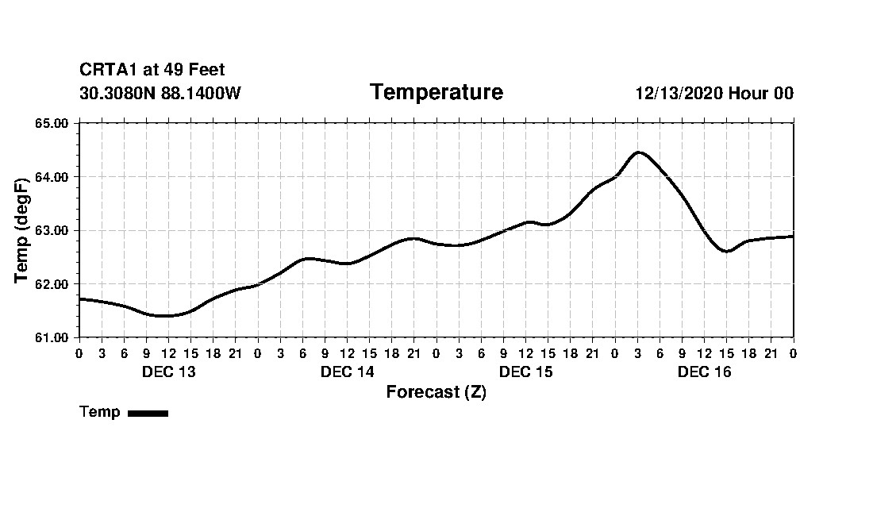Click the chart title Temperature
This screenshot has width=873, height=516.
(x=436, y=93)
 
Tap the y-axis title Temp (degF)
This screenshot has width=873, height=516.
(x=23, y=230)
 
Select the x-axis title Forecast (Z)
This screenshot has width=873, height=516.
(x=436, y=392)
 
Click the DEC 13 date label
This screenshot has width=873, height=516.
(x=168, y=372)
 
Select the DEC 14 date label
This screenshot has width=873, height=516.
(x=347, y=372)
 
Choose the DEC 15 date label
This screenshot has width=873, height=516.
(x=525, y=372)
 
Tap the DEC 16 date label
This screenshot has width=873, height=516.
(x=704, y=372)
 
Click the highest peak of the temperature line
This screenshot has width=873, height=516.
(x=639, y=152)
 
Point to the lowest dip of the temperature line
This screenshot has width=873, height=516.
(x=163, y=316)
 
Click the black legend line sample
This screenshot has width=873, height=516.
(x=148, y=413)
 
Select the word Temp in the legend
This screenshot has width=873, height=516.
(x=100, y=412)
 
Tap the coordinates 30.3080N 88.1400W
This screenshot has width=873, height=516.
(x=160, y=94)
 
